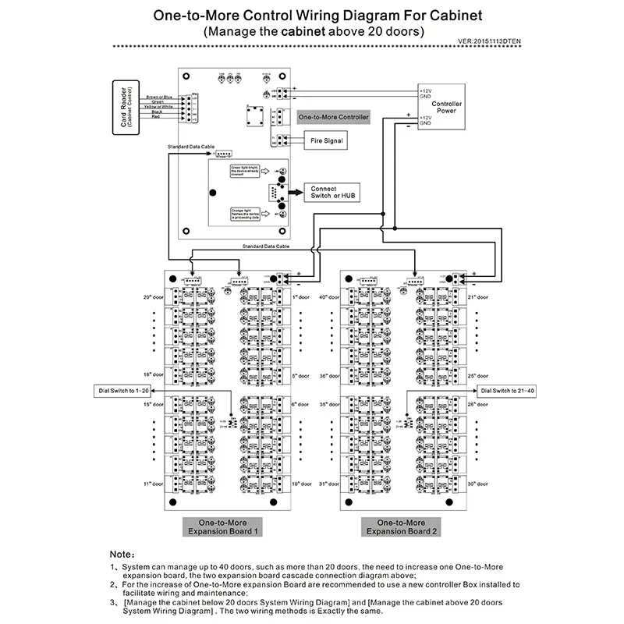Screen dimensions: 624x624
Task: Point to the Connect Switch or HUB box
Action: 334,192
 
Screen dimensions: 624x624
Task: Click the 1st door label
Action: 301,297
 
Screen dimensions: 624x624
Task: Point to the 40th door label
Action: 328,297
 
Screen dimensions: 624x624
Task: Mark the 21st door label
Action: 477,297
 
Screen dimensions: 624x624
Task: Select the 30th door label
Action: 477,484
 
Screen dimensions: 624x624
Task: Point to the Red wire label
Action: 156,116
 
